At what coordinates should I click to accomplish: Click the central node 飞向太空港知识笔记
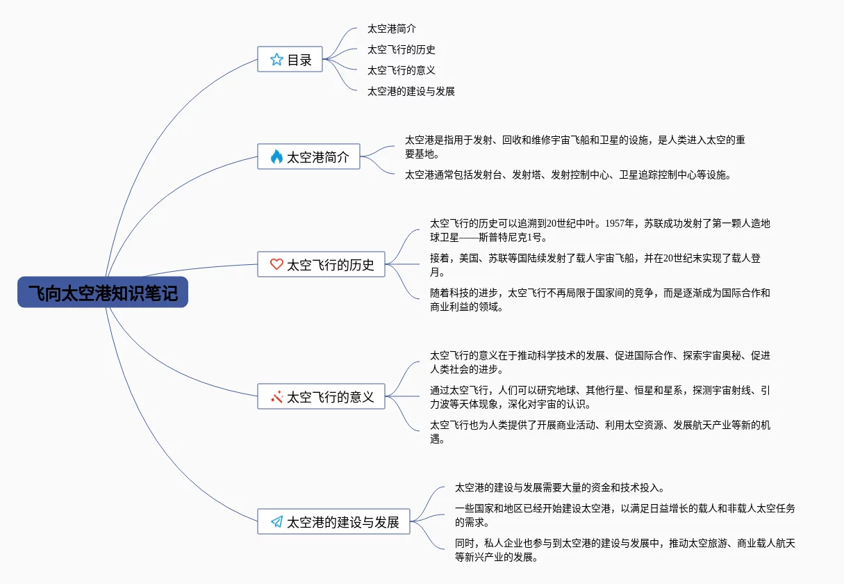click(x=103, y=293)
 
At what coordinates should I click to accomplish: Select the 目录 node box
click(x=290, y=60)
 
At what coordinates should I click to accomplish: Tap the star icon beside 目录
click(x=276, y=60)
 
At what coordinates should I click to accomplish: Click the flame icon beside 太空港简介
click(x=276, y=157)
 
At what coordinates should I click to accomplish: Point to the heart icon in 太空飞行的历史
click(x=276, y=265)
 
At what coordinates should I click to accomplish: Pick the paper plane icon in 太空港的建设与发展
click(x=276, y=522)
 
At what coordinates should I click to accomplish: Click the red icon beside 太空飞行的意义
click(x=276, y=397)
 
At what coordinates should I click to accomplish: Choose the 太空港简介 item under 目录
click(x=392, y=29)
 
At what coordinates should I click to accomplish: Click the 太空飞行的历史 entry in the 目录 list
click(x=402, y=50)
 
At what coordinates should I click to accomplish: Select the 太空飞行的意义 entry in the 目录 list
click(x=402, y=70)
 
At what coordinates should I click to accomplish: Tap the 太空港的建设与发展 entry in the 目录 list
click(x=411, y=91)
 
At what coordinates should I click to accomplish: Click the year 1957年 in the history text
click(x=620, y=224)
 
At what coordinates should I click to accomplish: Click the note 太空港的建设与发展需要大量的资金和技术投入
click(x=560, y=488)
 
